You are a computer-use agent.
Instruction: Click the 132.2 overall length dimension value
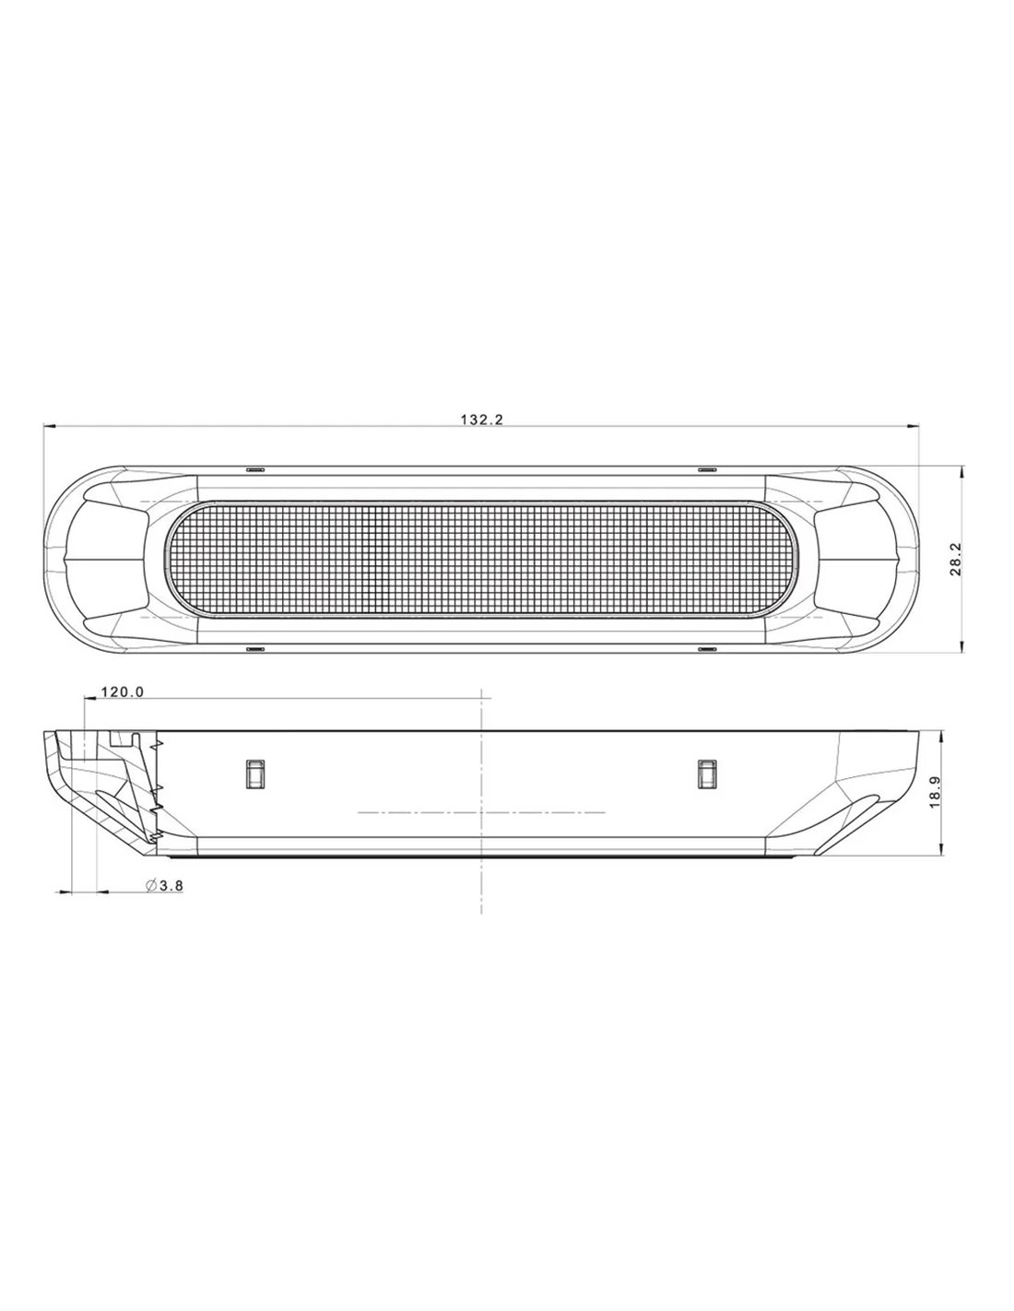(482, 419)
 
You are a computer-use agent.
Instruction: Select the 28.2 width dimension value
(956, 559)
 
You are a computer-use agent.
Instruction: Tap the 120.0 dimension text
(123, 692)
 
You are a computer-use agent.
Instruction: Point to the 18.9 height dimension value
(936, 792)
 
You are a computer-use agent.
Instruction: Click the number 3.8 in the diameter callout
(171, 886)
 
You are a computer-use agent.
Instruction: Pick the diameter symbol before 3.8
(151, 886)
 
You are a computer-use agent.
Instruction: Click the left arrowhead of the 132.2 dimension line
(50, 427)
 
